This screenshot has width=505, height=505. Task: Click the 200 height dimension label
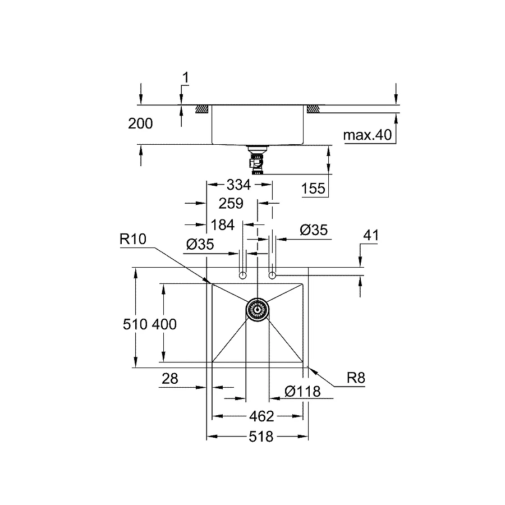(140, 124)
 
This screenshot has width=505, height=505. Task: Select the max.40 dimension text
(368, 135)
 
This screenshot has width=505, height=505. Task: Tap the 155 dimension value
(313, 189)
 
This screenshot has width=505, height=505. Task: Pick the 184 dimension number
(222, 224)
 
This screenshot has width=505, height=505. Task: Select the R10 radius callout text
(133, 240)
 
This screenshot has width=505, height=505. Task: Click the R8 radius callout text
(355, 378)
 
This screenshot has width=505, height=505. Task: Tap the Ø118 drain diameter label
(302, 391)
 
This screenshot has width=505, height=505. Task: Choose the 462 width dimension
(261, 416)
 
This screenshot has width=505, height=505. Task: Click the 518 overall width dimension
(261, 436)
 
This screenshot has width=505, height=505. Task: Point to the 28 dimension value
(169, 379)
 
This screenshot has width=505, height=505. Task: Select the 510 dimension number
(136, 324)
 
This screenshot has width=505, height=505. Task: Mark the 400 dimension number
(164, 324)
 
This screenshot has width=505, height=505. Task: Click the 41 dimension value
(370, 236)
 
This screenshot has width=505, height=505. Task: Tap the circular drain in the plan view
(258, 309)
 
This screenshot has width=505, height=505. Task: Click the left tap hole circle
(242, 276)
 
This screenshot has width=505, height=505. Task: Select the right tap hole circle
(273, 276)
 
